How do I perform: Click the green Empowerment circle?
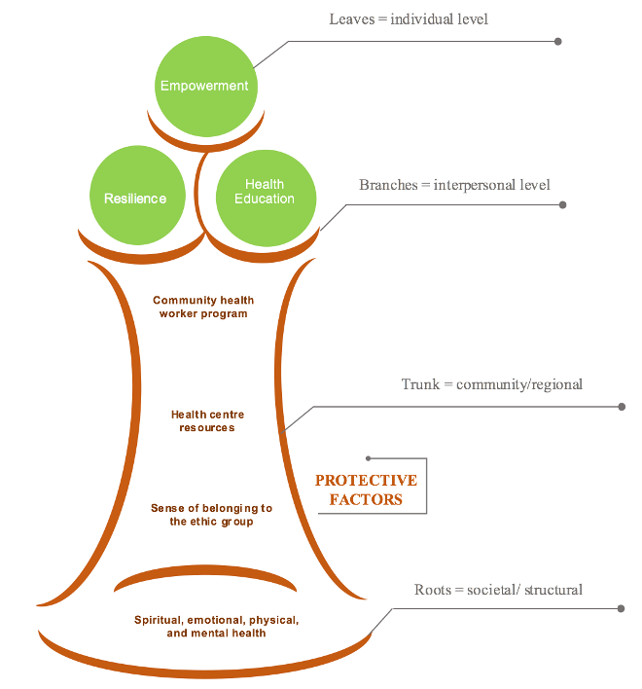[x=204, y=86]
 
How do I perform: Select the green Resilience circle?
[x=135, y=198]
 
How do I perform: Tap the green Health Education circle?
[x=265, y=192]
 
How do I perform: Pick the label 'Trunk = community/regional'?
[x=492, y=384]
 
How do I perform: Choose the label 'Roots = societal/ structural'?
[x=498, y=590]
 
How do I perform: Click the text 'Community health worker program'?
[x=203, y=308]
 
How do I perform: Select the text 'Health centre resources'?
[x=207, y=421]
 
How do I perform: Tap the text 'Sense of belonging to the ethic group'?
[x=211, y=515]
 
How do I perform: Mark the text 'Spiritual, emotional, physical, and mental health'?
[x=216, y=626]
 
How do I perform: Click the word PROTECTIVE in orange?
[x=366, y=481]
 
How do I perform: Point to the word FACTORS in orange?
[x=366, y=499]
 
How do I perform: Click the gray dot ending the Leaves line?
[x=557, y=41]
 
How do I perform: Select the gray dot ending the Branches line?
[x=563, y=204]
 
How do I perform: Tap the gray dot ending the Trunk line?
[x=622, y=406]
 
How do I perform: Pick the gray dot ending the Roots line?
[x=622, y=608]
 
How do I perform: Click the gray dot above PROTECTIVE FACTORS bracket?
[x=368, y=457]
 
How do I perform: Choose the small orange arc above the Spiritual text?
[x=205, y=578]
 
